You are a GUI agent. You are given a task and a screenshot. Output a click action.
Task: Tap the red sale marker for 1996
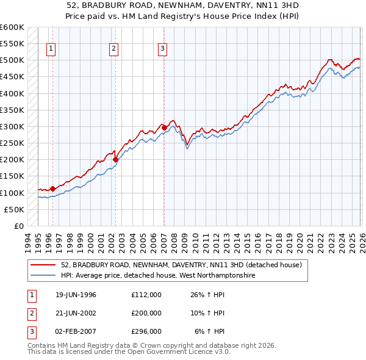point(52,189)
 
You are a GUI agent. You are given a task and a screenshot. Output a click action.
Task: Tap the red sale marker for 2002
point(115,160)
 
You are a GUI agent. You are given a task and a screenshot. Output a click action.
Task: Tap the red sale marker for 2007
point(164,128)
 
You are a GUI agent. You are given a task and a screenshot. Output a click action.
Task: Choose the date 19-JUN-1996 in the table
point(76,295)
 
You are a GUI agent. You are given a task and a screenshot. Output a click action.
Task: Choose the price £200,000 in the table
point(146,313)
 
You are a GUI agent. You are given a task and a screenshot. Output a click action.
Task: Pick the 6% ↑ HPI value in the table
point(210,331)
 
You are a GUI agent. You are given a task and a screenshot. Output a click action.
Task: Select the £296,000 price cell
point(146,331)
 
